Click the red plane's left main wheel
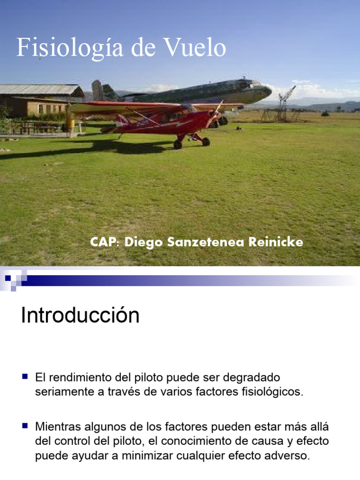pyautogui.click(x=178, y=144)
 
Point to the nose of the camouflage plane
pyautogui.click(x=268, y=90)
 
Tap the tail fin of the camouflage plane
pyautogui.click(x=97, y=90)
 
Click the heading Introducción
pyautogui.click(x=80, y=315)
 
